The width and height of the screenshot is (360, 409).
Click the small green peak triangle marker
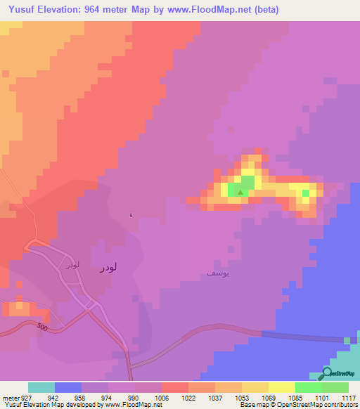[x=240, y=191]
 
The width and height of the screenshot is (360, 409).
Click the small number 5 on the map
[x=130, y=215]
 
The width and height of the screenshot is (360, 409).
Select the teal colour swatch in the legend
[x=41, y=387]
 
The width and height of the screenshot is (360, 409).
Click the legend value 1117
[x=349, y=396]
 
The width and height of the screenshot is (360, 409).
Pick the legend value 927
[x=27, y=396]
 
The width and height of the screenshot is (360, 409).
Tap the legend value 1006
[x=161, y=396]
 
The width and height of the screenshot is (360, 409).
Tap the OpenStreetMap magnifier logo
[x=328, y=373]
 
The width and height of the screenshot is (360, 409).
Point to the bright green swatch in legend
[x=309, y=387]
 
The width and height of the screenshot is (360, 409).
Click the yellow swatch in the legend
[x=282, y=387]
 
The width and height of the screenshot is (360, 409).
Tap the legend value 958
[x=81, y=396]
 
